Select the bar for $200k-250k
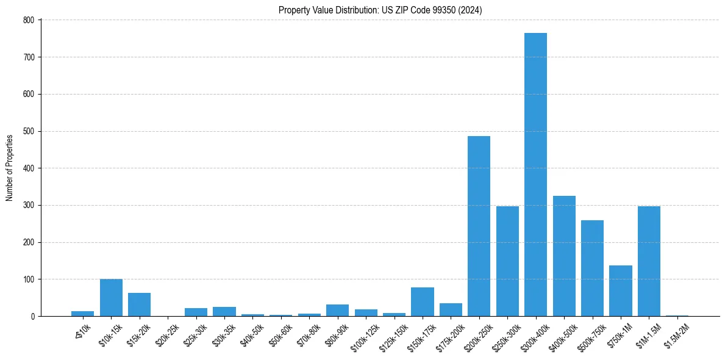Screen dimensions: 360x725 tap(479, 226)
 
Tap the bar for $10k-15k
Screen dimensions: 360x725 tap(111, 298)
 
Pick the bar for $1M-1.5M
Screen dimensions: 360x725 tap(649, 261)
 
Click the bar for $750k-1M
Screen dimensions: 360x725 tap(621, 291)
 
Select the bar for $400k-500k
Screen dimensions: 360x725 tap(564, 256)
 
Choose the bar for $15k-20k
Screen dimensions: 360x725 tap(139, 304)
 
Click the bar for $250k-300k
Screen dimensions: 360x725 tap(507, 261)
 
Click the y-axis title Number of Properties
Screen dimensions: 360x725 tap(9, 168)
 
